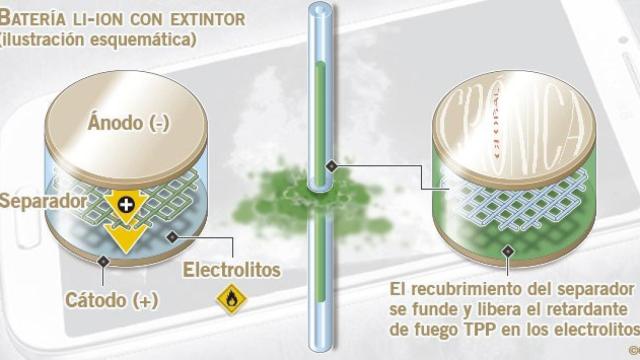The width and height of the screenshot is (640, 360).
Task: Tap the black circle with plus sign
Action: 126,203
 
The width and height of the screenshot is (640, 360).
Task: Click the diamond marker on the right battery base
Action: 509,250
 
